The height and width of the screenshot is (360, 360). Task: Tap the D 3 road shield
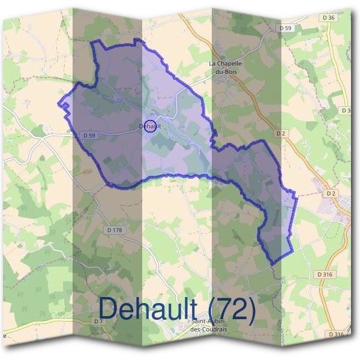[346, 110]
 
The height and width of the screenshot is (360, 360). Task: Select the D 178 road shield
[114, 230]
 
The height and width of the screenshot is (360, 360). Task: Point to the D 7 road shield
[98, 322]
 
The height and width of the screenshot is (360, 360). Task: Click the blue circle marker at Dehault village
[151, 125]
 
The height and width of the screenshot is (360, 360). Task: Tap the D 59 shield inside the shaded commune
[89, 136]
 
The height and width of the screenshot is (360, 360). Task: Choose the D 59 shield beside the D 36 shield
[285, 28]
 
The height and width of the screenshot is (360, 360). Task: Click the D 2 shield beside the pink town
[330, 193]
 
